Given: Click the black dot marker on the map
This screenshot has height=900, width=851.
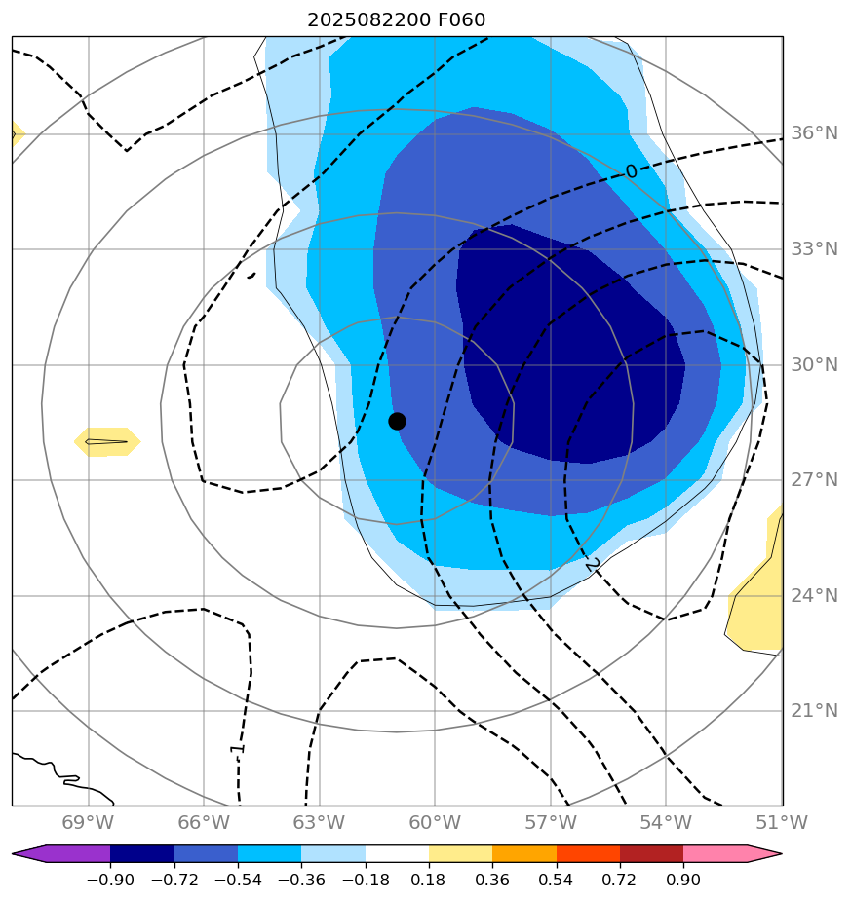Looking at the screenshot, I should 397,421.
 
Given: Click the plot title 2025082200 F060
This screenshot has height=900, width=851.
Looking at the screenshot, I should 396,19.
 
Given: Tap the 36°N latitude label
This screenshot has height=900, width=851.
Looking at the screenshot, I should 813,133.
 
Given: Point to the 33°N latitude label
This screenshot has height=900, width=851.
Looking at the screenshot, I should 813,249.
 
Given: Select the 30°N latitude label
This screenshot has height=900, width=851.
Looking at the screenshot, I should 813,364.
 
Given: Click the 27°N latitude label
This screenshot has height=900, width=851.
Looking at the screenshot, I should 813,480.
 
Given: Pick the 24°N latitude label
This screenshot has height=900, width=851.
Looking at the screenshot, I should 813,595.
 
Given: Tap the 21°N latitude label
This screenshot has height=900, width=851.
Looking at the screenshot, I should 813,711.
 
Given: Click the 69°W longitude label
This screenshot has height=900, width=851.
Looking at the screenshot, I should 88,823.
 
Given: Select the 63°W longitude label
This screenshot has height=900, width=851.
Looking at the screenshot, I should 319,823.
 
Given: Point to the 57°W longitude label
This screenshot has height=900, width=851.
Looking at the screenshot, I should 550,823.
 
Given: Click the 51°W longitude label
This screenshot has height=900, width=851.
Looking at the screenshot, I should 781,823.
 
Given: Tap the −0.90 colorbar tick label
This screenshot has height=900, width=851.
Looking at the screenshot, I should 109,881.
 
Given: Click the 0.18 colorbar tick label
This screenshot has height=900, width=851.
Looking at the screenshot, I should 429,881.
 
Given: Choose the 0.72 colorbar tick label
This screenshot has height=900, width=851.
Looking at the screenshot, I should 620,881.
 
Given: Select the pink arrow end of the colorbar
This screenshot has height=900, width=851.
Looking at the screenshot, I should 766,854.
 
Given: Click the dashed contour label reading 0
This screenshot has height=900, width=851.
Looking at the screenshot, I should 631,172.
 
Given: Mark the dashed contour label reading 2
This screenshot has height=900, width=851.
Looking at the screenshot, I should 592,565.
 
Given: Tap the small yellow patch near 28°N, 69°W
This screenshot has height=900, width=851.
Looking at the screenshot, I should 107,441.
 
